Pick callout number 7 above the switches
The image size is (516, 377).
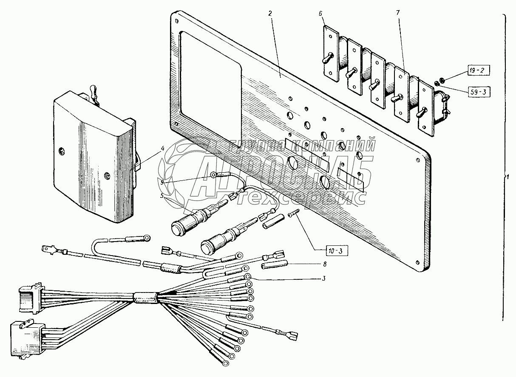click(x=398, y=13)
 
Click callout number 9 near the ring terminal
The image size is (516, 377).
click(x=162, y=182)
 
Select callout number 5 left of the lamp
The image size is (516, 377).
click(x=162, y=196)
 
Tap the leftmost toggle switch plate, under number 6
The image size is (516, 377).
click(x=331, y=53)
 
